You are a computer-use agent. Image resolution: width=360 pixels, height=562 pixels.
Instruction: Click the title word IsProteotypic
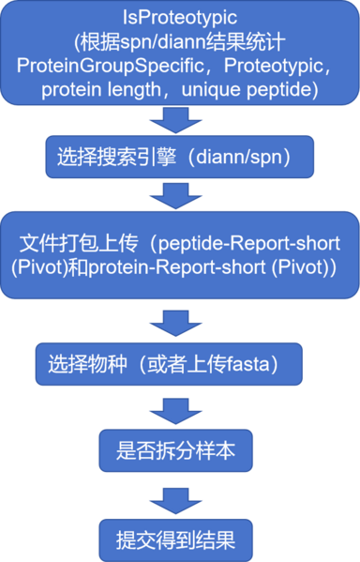click(x=180, y=18)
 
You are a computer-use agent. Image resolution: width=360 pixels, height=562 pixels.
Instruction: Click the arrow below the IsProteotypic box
click(x=179, y=120)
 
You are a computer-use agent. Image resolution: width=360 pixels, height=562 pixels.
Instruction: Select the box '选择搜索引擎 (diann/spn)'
click(x=179, y=158)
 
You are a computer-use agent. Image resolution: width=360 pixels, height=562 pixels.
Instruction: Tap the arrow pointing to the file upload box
click(x=179, y=194)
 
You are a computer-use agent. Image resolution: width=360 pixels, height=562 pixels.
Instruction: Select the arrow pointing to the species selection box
click(x=179, y=324)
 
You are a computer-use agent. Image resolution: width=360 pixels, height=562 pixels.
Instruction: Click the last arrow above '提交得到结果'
click(x=179, y=498)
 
